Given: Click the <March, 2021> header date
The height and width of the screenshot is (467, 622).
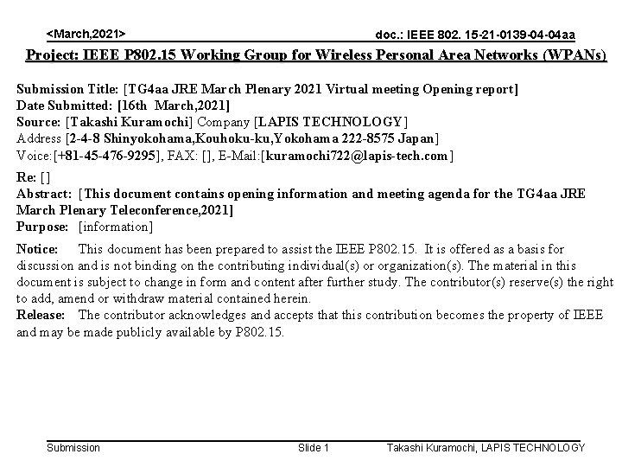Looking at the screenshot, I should coord(85,33).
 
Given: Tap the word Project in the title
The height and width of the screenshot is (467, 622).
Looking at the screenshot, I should coord(50,56).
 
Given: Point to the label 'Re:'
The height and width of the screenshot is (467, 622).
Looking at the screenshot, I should coord(27,177).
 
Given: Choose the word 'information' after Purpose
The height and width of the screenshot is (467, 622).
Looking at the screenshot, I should coord(115,227).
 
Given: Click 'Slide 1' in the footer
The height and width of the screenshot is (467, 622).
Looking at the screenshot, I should coord(313,447).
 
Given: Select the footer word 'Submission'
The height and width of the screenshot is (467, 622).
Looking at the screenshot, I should coord(73,447).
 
